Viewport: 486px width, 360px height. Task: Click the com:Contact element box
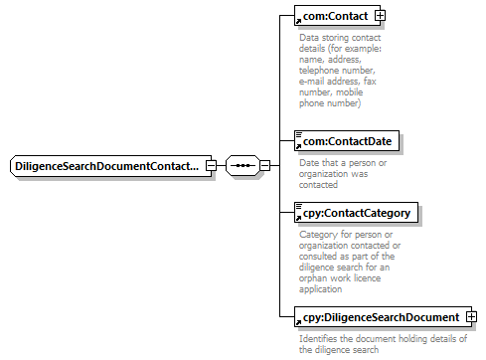(337, 16)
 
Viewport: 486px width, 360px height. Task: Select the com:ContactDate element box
(347, 141)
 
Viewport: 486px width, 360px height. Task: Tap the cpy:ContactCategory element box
(356, 213)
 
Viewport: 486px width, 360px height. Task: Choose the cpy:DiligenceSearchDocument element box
(383, 317)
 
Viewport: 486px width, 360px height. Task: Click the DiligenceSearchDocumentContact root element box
(110, 165)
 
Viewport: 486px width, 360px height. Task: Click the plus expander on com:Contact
(380, 16)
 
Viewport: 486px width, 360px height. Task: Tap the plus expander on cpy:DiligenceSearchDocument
(471, 317)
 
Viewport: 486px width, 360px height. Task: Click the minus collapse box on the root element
(211, 165)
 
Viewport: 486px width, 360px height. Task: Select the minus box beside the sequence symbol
(264, 165)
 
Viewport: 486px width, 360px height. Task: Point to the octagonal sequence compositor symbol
(243, 165)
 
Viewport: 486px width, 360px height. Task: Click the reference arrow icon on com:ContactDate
(298, 146)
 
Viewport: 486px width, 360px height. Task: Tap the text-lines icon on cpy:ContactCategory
(299, 206)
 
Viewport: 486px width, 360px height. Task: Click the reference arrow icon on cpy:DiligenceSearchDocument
(298, 322)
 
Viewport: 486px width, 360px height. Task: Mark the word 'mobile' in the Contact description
(350, 92)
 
